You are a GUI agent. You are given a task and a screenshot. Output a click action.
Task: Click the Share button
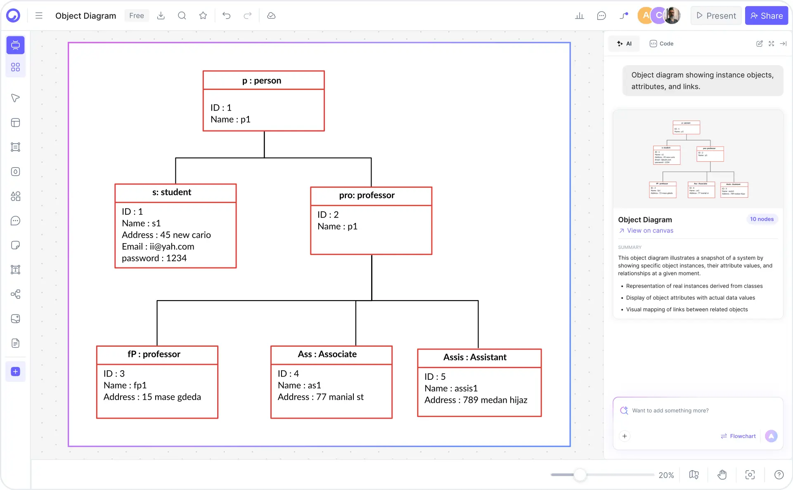(766, 16)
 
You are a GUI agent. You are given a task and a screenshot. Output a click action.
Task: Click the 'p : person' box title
(262, 80)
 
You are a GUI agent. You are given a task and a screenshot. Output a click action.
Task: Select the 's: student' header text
(172, 192)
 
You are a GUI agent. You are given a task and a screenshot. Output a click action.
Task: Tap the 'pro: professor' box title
(367, 195)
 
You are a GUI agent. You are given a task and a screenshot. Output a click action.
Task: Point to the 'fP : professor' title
(154, 354)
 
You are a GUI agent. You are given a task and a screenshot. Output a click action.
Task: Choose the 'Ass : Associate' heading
(327, 354)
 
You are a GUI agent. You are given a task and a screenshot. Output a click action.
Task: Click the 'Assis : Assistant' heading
(475, 357)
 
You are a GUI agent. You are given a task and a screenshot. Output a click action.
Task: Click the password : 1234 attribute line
(154, 258)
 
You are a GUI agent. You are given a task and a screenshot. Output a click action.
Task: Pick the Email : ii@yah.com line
(158, 247)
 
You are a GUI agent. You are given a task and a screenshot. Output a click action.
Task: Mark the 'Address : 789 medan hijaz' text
(476, 400)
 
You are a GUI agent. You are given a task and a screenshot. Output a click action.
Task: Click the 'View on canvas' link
(650, 231)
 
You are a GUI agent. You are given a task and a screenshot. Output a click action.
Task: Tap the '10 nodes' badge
(762, 219)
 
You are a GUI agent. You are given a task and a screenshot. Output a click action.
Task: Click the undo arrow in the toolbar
(226, 16)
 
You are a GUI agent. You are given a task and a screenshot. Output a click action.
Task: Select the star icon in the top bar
(203, 16)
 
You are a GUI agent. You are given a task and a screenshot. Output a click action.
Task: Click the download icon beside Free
(161, 16)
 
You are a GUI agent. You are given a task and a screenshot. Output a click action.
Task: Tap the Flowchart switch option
(738, 436)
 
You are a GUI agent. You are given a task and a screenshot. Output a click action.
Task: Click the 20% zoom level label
(666, 475)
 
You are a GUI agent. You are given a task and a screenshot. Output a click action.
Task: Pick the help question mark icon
(779, 475)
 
